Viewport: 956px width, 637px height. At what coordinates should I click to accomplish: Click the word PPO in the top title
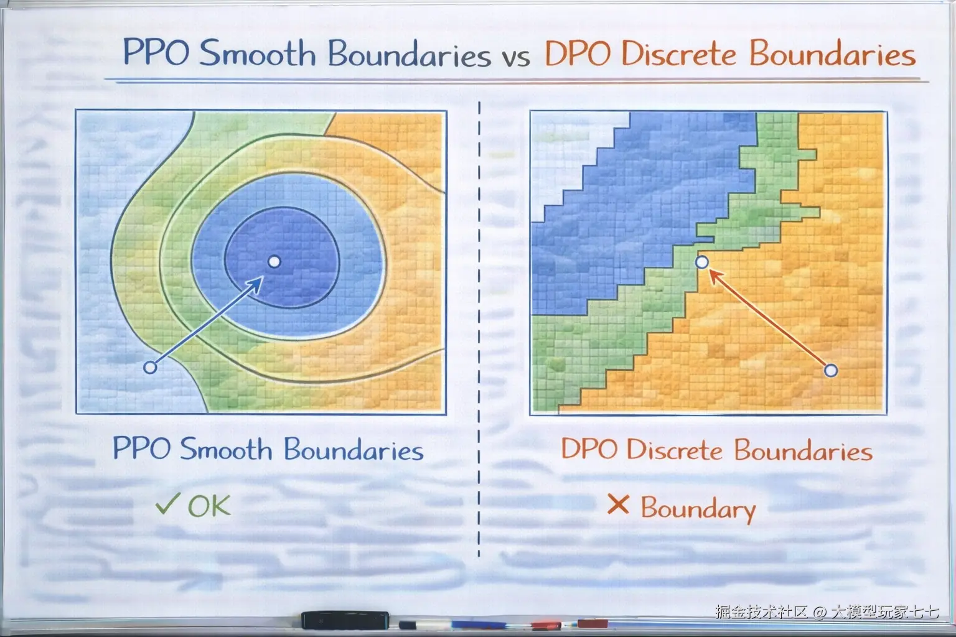point(156,52)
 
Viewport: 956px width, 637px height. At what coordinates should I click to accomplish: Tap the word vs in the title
point(516,58)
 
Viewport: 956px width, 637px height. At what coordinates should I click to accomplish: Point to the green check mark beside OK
point(167,503)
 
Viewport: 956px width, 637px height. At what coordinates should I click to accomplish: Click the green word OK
point(209,506)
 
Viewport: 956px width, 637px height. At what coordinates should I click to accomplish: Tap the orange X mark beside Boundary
point(618,504)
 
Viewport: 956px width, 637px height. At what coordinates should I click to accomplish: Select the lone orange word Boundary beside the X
point(698,509)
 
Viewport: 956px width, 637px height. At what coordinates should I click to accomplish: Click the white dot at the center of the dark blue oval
point(274,261)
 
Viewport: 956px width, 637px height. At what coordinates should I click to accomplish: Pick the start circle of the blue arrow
point(150,367)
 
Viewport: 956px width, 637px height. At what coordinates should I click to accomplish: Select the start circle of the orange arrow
point(830,370)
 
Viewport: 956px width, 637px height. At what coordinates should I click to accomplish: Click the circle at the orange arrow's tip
point(702,262)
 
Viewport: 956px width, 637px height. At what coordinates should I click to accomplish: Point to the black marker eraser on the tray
point(345,620)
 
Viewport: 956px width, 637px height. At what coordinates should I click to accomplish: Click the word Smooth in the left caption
point(226,449)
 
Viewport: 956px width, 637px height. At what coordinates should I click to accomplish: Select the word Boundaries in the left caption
point(354,450)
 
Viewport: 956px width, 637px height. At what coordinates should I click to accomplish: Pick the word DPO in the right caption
point(589,449)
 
